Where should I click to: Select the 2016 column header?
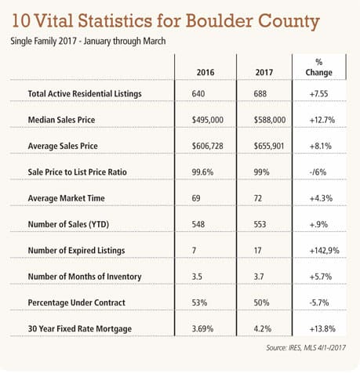point(205,72)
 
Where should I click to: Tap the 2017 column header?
point(264,72)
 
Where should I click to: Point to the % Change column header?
point(319,67)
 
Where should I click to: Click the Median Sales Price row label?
point(61,120)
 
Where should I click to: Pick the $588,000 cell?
point(270,120)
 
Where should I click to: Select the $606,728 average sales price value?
point(208,146)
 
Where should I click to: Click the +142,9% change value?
point(324,251)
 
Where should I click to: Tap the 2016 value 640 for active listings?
point(198,94)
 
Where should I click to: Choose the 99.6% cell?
point(202,172)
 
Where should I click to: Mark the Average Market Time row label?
point(67,198)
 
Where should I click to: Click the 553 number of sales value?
point(260,224)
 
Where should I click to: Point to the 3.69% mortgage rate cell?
point(202,328)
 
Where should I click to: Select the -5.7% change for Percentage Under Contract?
point(319,302)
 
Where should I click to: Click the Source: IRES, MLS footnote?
point(306,348)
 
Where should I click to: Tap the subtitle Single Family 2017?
point(43,42)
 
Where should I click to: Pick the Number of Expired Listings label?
point(76,251)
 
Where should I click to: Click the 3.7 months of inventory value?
point(259,277)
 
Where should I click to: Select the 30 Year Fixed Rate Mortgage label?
point(80,329)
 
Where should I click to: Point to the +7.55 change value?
point(318,94)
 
